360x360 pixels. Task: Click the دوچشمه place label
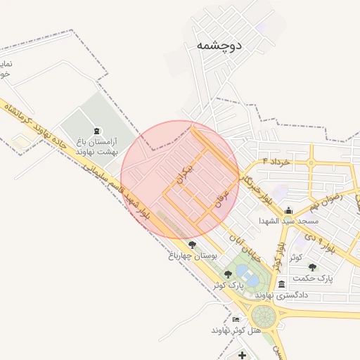click(x=217, y=45)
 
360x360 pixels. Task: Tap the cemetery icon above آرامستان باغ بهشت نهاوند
click(x=96, y=131)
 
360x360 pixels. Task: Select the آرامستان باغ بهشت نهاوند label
click(x=98, y=146)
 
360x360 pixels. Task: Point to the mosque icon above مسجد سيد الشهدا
click(x=288, y=210)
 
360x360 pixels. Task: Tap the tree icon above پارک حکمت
click(x=312, y=267)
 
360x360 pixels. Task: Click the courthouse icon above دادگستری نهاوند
click(x=281, y=285)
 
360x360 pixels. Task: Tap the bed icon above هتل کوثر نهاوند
click(x=235, y=319)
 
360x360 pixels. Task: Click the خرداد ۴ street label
click(x=276, y=162)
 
